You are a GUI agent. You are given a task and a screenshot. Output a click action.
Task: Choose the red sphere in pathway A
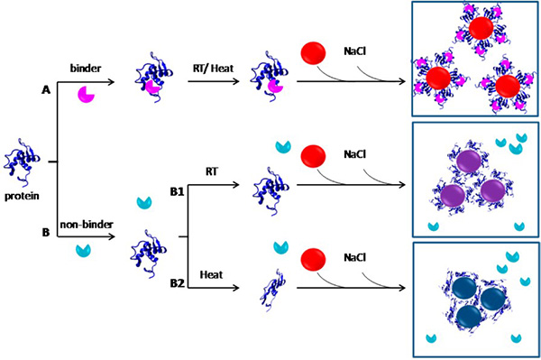pyautogui.click(x=310, y=52)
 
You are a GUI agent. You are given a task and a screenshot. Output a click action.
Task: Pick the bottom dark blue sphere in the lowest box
pyautogui.click(x=469, y=316)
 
